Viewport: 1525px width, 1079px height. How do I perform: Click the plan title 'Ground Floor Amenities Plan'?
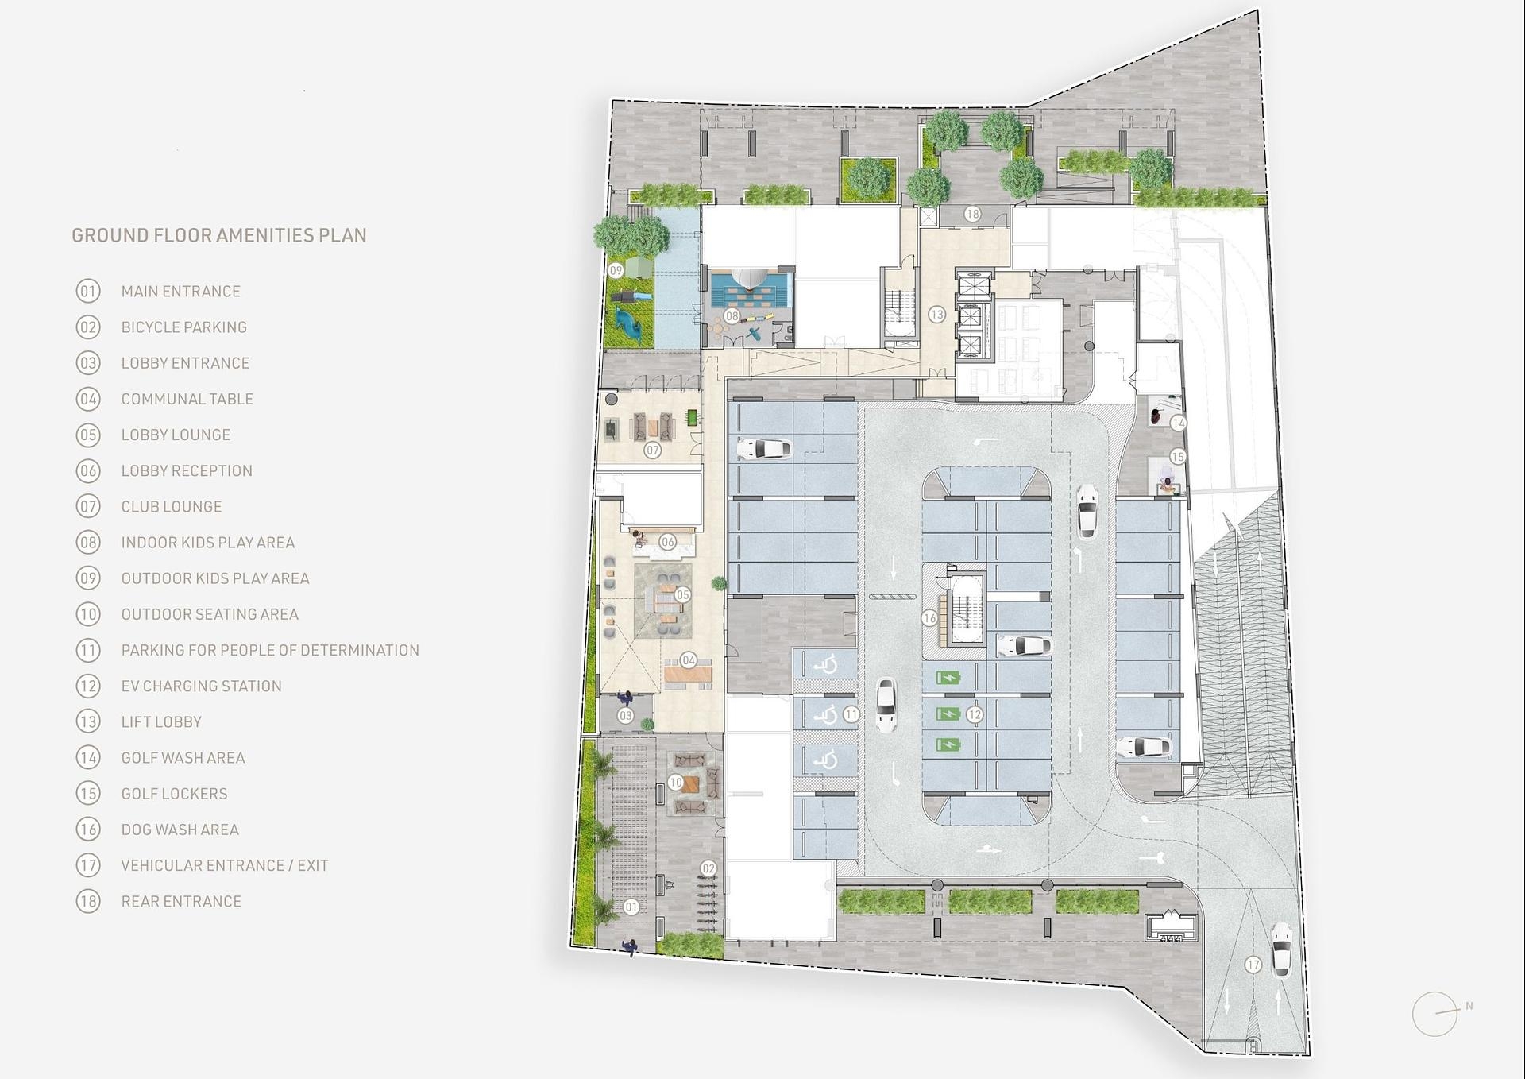click(x=219, y=235)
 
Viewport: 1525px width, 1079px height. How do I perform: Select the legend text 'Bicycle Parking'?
click(x=184, y=327)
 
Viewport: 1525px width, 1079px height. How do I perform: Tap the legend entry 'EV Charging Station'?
click(x=202, y=686)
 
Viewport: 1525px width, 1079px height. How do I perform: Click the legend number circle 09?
click(x=88, y=578)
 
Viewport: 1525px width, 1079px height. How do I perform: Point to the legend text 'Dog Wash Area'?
click(x=180, y=830)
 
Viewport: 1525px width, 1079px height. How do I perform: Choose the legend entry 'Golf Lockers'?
click(x=175, y=794)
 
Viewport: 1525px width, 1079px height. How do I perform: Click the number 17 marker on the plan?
click(x=1253, y=965)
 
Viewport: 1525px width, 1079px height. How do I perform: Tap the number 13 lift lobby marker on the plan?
click(x=936, y=315)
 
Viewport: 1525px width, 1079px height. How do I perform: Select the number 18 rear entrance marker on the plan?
click(x=972, y=214)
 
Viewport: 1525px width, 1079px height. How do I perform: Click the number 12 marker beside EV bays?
click(x=974, y=714)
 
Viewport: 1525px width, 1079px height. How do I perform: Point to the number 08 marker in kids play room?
click(x=732, y=315)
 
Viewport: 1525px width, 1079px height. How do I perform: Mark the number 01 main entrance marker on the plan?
click(x=631, y=907)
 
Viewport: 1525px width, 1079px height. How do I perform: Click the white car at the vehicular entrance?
click(x=1280, y=949)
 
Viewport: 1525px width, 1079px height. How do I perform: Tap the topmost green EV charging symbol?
click(x=948, y=678)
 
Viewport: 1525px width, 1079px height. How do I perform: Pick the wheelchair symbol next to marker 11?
click(x=827, y=715)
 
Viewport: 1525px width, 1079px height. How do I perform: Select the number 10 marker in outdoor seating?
click(x=675, y=783)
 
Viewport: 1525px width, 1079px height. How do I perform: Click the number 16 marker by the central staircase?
click(x=929, y=617)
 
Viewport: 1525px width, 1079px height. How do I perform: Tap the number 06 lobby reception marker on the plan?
click(x=667, y=542)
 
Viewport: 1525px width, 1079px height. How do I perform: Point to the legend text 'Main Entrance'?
click(x=181, y=292)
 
